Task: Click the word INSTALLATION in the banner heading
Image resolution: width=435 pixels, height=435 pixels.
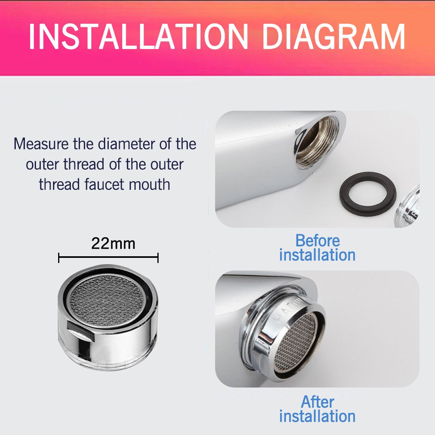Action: pos(138,37)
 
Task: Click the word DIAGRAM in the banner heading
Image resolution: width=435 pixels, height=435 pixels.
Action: pos(333,37)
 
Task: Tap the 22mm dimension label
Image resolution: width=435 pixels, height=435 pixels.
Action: pos(113,244)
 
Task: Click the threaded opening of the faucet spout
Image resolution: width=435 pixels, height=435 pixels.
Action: pos(316,142)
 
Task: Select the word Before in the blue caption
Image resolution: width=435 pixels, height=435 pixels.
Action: pos(318,240)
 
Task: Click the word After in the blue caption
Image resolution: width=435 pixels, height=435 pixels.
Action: pos(318,402)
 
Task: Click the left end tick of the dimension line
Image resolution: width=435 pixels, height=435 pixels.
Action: pos(59,257)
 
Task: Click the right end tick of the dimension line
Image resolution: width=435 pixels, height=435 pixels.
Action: pos(158,257)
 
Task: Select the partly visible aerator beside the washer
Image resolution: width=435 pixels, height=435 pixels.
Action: pos(407,207)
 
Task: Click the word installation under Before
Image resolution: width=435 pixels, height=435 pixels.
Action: pos(318,255)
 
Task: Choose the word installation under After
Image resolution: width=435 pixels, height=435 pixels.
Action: pos(318,416)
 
